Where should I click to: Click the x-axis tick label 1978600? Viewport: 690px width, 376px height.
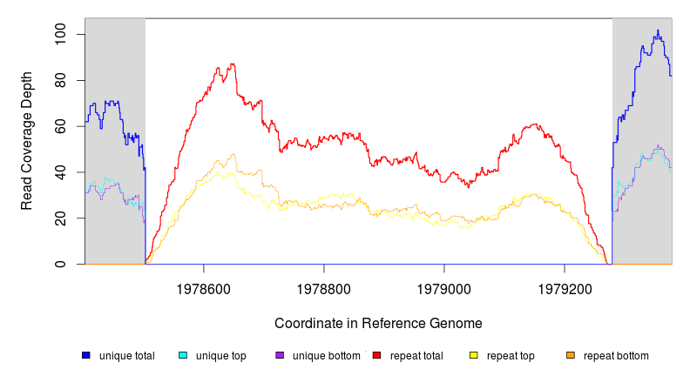pyautogui.click(x=204, y=285)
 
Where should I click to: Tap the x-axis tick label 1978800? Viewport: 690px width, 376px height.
pyautogui.click(x=324, y=285)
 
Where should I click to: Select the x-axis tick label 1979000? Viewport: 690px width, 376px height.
pyautogui.click(x=444, y=285)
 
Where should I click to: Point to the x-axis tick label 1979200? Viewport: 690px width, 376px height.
pyautogui.click(x=565, y=285)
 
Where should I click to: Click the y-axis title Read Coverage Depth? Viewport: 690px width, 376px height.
pyautogui.click(x=27, y=142)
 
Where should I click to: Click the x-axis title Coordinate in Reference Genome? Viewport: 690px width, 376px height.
pyautogui.click(x=378, y=323)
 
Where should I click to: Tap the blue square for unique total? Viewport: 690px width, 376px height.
pyautogui.click(x=86, y=355)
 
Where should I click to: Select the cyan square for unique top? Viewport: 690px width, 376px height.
pyautogui.click(x=183, y=355)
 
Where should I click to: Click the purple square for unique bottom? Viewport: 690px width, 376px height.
pyautogui.click(x=280, y=355)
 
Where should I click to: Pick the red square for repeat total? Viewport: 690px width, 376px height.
pyautogui.click(x=376, y=355)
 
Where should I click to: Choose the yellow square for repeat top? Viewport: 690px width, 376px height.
pyautogui.click(x=474, y=355)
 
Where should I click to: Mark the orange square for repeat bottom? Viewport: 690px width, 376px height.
pyautogui.click(x=571, y=355)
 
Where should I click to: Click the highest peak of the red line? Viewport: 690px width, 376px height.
pyautogui.click(x=232, y=64)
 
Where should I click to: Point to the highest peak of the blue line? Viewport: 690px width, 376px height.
pyautogui.click(x=658, y=30)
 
